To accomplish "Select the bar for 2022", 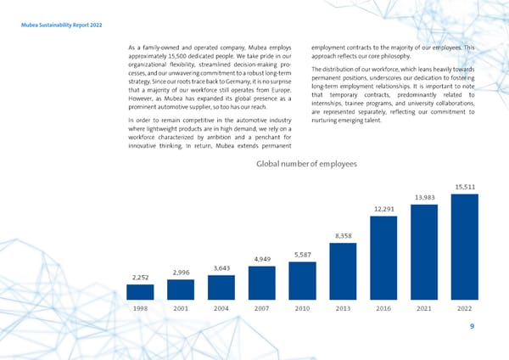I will (466, 246).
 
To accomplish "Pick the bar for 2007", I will (262, 284).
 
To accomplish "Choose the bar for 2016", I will (384, 256).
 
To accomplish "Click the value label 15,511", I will (466, 187).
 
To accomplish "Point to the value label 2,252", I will (141, 277).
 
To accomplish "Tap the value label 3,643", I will (222, 268).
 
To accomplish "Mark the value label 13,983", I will (425, 197).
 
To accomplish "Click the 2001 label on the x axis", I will (182, 309).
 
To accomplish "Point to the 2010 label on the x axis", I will (303, 309).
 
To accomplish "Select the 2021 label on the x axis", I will (425, 309).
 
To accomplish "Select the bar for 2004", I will (222, 288).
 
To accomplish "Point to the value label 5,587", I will (303, 255).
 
